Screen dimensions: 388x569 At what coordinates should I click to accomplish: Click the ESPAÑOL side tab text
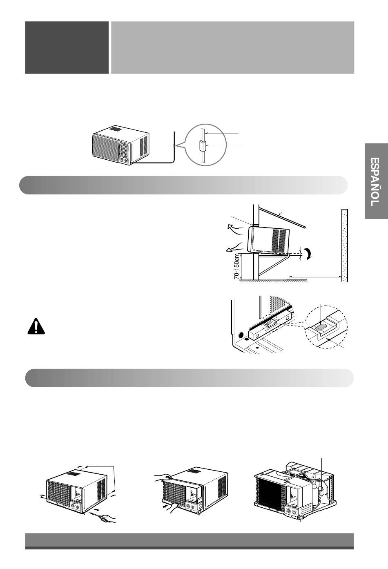click(376, 182)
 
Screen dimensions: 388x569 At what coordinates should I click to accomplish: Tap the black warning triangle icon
click(36, 326)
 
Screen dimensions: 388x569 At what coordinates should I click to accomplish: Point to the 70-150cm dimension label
click(237, 266)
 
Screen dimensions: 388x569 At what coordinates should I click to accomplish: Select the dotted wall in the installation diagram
click(345, 245)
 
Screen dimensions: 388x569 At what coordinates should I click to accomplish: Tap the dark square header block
click(67, 47)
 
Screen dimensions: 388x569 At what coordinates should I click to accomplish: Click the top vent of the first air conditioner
click(116, 129)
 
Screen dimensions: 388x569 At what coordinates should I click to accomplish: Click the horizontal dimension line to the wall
click(315, 277)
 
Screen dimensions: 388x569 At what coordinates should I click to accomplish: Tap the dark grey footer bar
click(189, 542)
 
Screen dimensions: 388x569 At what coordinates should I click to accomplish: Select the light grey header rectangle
click(233, 47)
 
